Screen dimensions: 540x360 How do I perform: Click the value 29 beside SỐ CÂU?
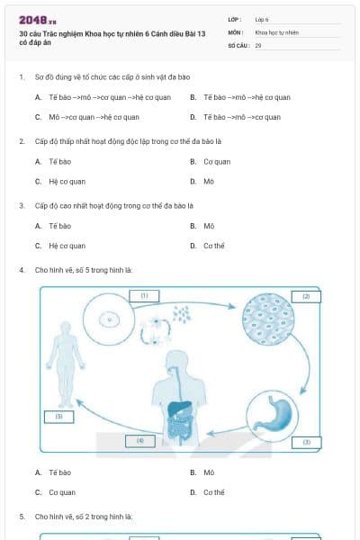[x=258, y=44]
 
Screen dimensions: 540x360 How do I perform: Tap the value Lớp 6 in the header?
[x=262, y=19]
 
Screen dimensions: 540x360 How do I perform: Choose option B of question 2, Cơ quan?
[x=216, y=162]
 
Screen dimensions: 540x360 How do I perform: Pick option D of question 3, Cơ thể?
[x=213, y=245]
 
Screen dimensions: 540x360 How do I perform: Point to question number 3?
[x=21, y=204]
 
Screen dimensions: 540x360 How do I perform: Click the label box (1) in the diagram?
[x=144, y=294]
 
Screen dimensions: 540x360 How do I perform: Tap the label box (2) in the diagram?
[x=305, y=295]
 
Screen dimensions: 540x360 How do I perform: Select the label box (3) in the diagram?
[x=306, y=442]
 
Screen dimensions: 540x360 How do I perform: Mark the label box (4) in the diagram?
[x=139, y=441]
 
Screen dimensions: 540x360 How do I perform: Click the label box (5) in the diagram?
[x=58, y=417]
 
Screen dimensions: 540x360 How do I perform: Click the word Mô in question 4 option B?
[x=209, y=472]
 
